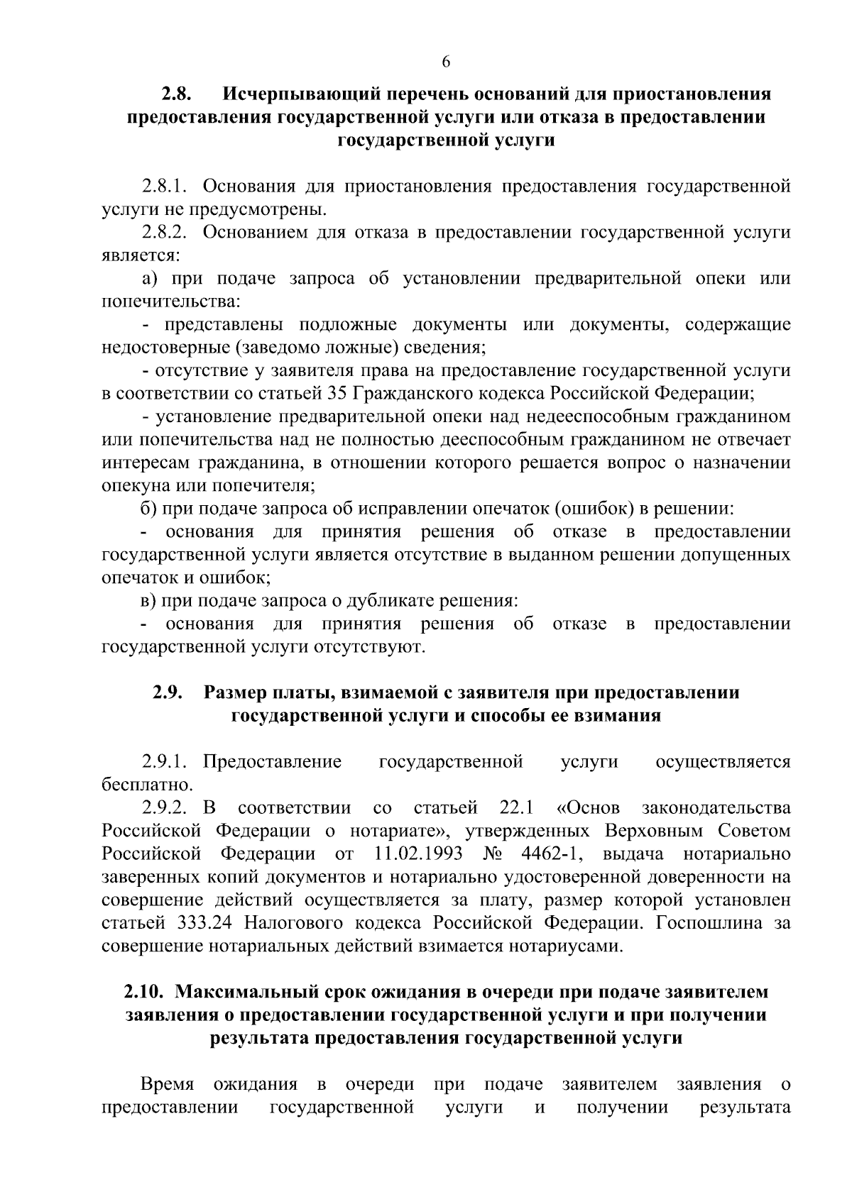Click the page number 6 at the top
446,62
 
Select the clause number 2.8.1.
163,187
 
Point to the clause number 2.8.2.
163,232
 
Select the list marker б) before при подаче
148,509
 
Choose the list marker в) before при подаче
148,601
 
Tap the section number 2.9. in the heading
168,692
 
